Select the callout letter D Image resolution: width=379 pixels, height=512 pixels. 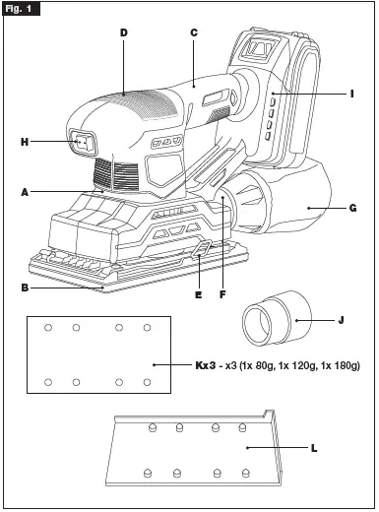pyautogui.click(x=124, y=32)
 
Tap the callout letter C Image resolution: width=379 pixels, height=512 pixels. pyautogui.click(x=194, y=32)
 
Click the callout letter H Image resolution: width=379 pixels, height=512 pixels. pyautogui.click(x=25, y=142)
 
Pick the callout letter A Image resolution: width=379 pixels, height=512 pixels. pyautogui.click(x=24, y=192)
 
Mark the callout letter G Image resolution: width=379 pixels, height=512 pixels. pyautogui.click(x=351, y=209)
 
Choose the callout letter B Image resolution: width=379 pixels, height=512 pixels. pyautogui.click(x=25, y=288)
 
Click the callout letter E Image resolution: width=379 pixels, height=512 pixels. pyautogui.click(x=198, y=293)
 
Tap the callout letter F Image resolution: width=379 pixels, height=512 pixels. pyautogui.click(x=223, y=293)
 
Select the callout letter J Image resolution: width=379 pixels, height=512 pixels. pyautogui.click(x=340, y=319)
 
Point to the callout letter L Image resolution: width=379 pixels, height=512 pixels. pyautogui.click(x=313, y=447)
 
